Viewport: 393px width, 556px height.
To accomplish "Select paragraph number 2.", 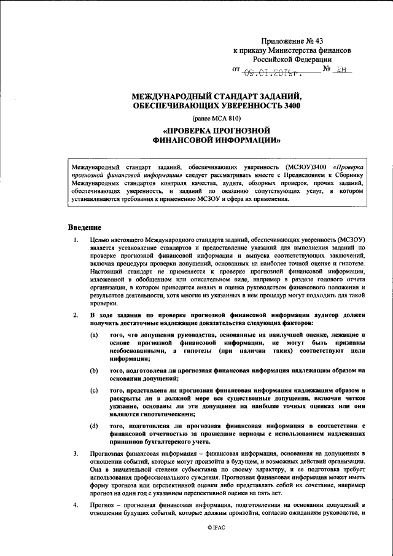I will coord(75,316).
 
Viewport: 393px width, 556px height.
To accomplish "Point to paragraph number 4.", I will coord(75,505).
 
